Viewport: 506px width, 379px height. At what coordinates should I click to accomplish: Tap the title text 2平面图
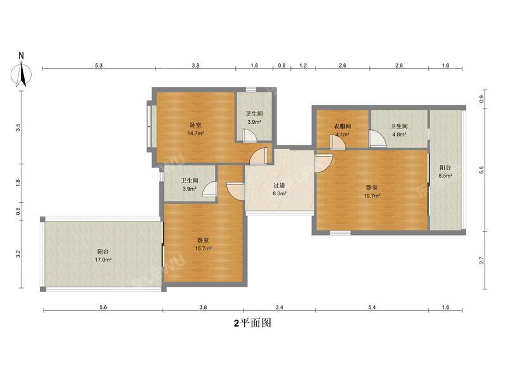point(252,323)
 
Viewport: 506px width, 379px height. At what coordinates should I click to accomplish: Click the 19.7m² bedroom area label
point(372,191)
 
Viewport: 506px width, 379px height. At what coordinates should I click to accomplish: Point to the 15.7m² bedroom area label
point(204,244)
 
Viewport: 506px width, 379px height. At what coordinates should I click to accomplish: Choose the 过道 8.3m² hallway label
point(280,189)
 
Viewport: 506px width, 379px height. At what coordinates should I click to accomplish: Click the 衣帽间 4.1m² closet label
point(342,129)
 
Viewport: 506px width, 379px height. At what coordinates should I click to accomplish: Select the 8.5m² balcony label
point(447,172)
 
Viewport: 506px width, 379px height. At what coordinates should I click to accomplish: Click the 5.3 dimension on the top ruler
point(99,66)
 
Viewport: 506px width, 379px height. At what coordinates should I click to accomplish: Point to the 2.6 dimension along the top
point(342,66)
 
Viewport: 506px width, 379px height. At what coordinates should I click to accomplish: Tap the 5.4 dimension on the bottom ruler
point(372,307)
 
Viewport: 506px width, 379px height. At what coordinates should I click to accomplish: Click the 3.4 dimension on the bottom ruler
point(279,307)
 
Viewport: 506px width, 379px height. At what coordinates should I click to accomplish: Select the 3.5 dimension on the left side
point(18,126)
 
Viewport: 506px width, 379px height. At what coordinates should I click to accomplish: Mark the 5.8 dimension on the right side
point(482,170)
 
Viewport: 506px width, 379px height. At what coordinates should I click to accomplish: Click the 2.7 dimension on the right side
point(482,260)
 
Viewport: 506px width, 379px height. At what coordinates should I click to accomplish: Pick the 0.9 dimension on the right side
point(482,100)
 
